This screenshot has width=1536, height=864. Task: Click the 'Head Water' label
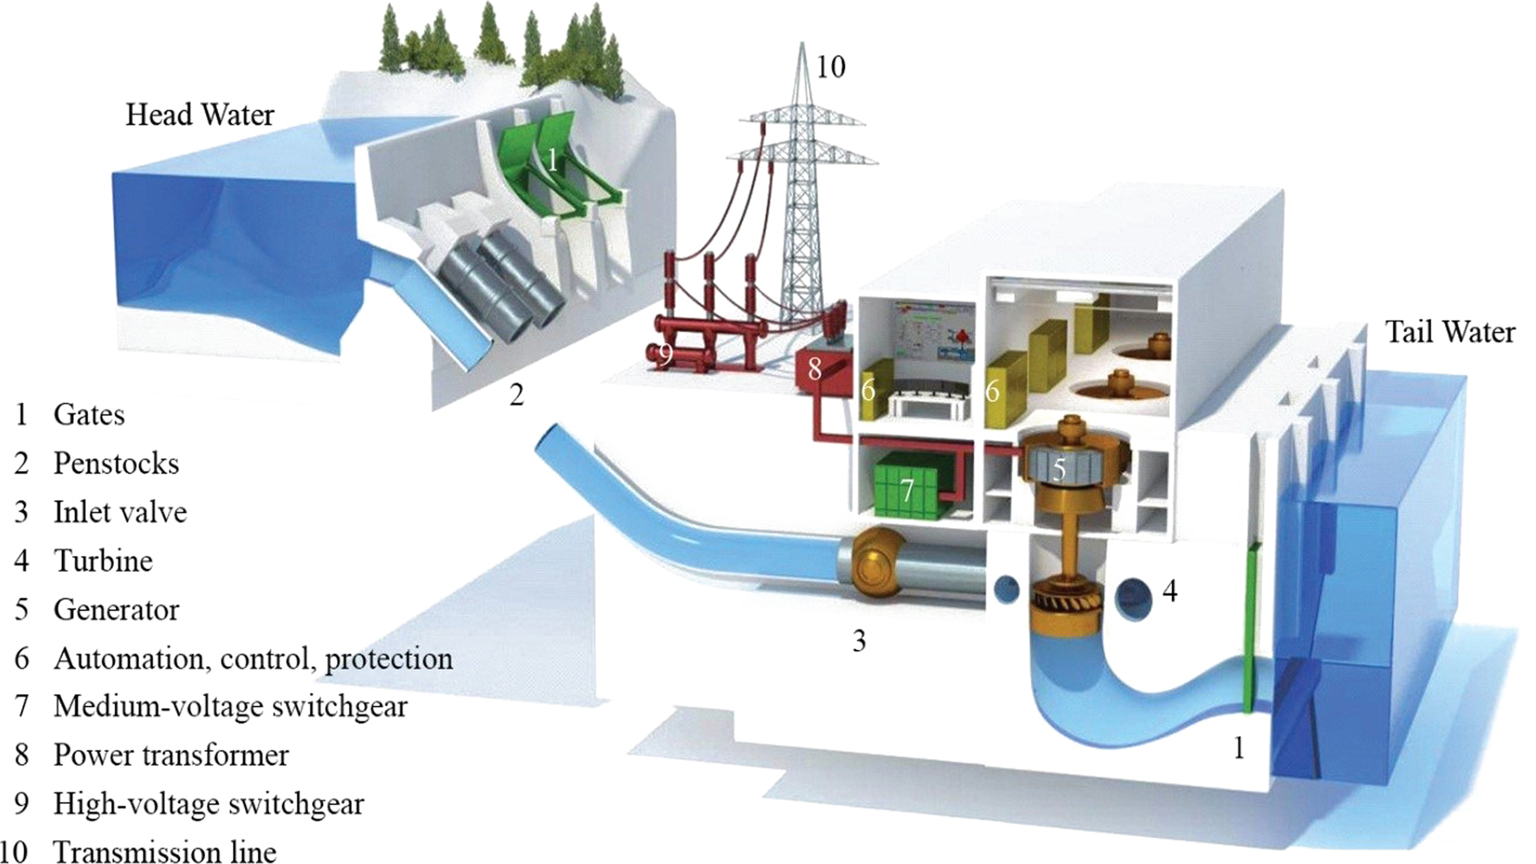click(x=200, y=115)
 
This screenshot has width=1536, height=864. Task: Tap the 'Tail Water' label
click(x=1450, y=332)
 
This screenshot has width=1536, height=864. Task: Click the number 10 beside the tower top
click(x=830, y=67)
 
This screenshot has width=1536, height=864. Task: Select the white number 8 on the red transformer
click(x=815, y=370)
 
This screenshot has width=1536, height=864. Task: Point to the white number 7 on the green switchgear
click(x=907, y=490)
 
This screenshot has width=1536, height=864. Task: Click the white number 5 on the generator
click(x=1058, y=469)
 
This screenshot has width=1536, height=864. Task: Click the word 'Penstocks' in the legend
click(x=116, y=463)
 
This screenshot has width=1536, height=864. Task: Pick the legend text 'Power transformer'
click(x=171, y=755)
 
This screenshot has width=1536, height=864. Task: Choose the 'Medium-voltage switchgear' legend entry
click(x=230, y=706)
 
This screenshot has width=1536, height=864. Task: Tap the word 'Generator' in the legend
click(x=116, y=610)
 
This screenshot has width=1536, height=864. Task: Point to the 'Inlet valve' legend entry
click(x=120, y=512)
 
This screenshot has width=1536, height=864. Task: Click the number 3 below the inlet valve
click(x=859, y=641)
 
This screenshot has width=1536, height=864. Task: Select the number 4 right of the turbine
click(x=1170, y=592)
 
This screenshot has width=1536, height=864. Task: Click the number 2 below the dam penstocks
click(x=517, y=395)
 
